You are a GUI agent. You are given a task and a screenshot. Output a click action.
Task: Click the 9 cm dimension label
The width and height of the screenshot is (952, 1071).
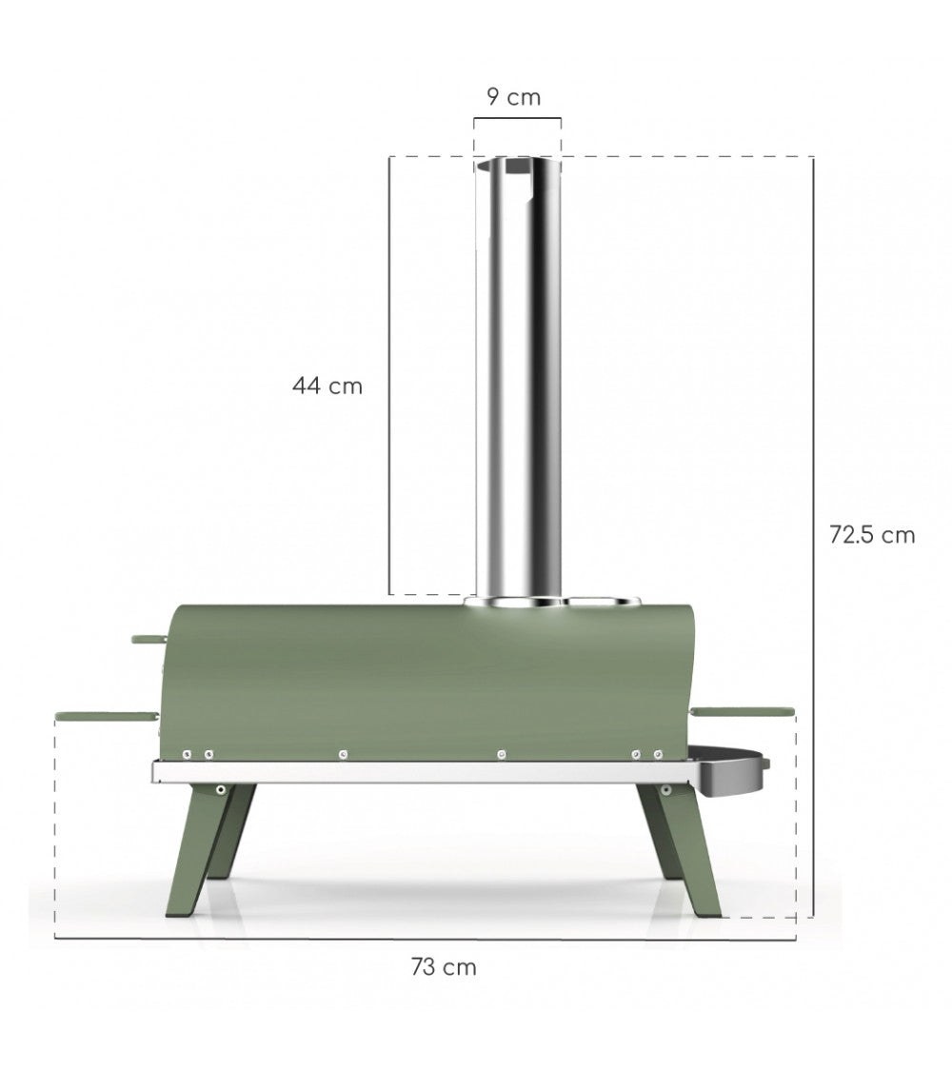pos(513,96)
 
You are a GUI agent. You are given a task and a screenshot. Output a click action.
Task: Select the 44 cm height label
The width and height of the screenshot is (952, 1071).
pos(327,387)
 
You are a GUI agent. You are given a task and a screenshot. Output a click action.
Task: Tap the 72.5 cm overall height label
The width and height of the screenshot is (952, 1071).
pos(871,535)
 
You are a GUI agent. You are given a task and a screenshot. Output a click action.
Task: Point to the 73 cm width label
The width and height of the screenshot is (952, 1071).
pos(444,967)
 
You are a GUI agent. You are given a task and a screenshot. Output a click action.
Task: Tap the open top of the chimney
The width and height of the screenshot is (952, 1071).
pos(518,168)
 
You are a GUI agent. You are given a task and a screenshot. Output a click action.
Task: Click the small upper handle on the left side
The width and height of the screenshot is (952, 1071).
pos(149,638)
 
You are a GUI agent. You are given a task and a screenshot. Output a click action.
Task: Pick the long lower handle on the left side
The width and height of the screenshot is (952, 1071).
pos(105,714)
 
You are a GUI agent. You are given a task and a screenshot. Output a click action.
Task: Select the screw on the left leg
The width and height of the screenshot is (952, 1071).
pos(220,789)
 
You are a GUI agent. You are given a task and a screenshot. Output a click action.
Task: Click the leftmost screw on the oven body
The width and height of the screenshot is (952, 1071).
pos(188,754)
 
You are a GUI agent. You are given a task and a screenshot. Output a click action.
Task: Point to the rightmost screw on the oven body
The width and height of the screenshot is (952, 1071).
pos(658,754)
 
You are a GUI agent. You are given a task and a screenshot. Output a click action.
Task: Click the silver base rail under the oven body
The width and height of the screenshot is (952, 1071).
pos(419,772)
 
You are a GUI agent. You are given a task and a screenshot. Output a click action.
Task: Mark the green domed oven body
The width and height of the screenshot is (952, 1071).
pos(428,676)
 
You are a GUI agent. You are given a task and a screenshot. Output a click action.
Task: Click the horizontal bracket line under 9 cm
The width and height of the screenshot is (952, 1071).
pos(518,119)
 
